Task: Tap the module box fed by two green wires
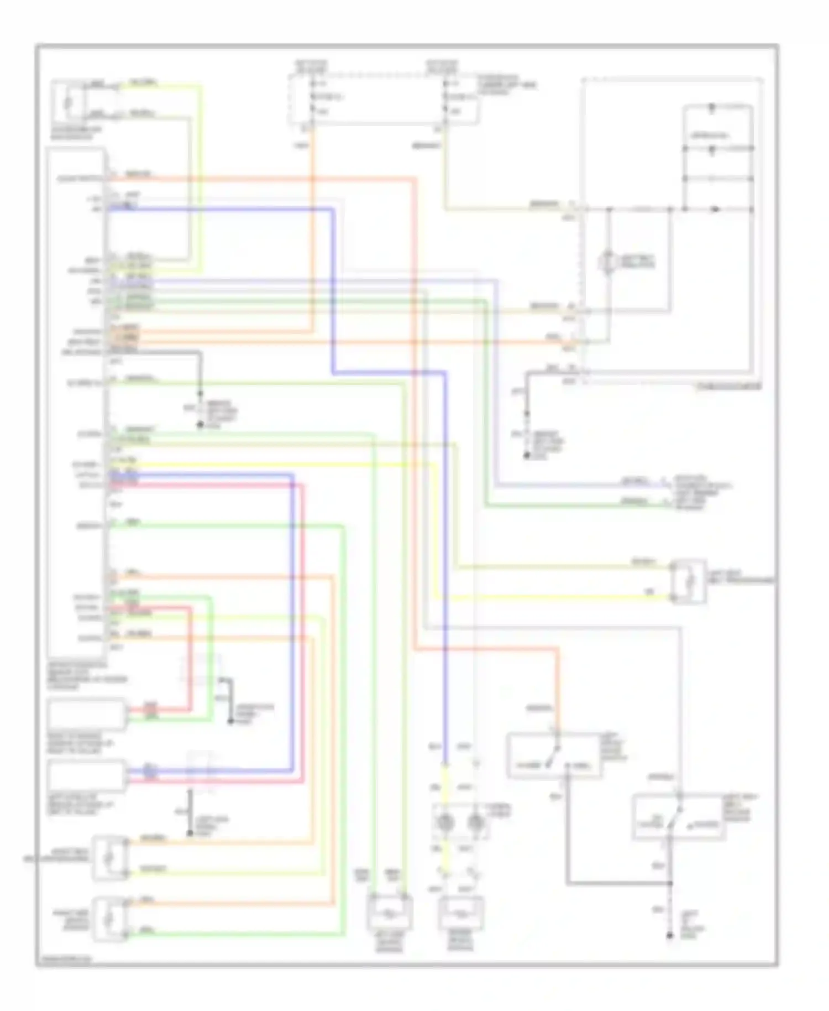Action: (390, 911)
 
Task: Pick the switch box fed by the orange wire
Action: (554, 755)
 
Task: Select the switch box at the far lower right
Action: (678, 817)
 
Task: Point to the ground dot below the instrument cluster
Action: (527, 457)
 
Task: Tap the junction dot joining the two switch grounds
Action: (669, 883)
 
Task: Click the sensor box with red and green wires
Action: (86, 714)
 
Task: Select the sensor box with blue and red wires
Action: (86, 775)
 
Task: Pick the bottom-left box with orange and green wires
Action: (109, 919)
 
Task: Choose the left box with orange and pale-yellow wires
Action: (109, 858)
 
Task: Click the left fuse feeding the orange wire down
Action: (312, 97)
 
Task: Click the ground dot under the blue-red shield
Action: (190, 833)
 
